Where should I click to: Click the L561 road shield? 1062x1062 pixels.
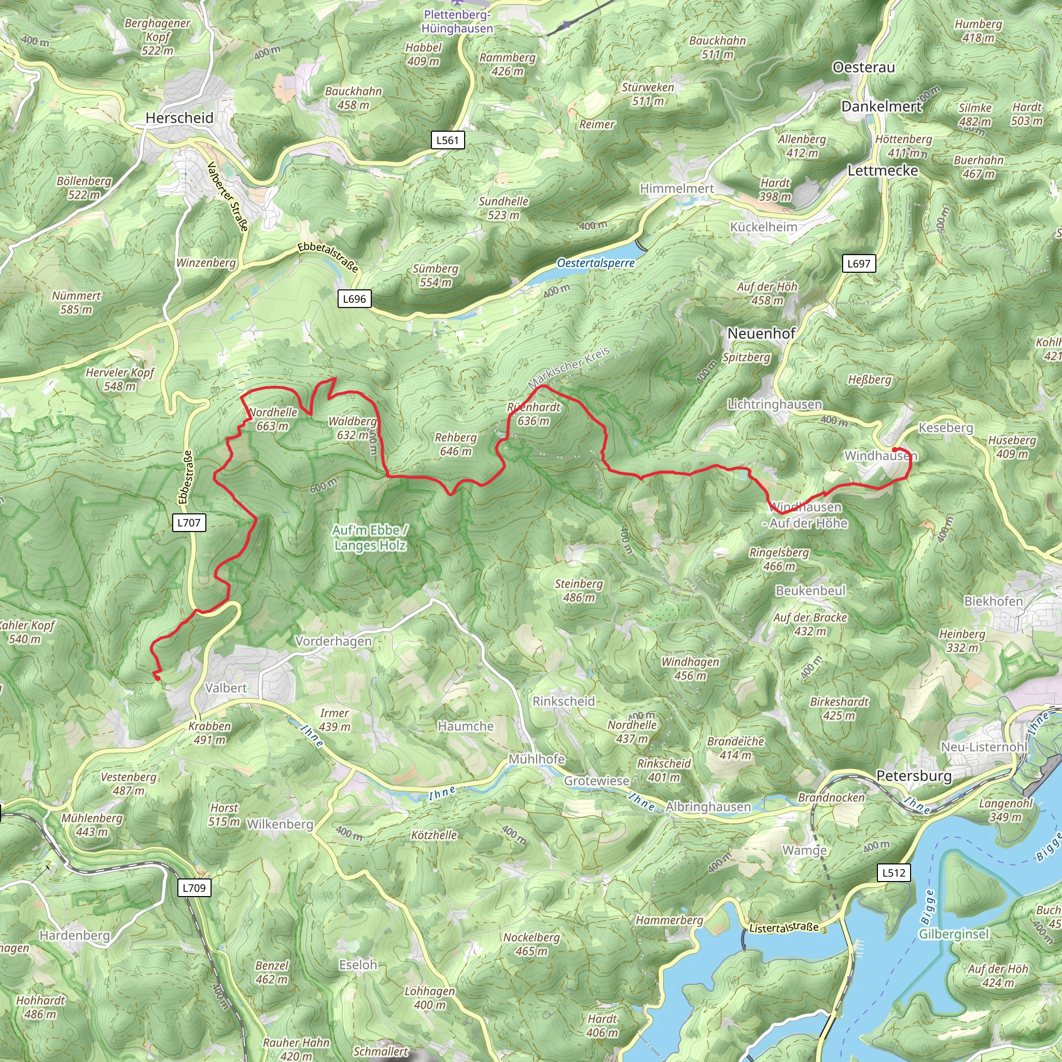pyautogui.click(x=447, y=140)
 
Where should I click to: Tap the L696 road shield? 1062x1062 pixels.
pyautogui.click(x=354, y=299)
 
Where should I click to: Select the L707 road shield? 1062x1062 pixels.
pyautogui.click(x=189, y=523)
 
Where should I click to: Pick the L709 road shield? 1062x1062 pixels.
pyautogui.click(x=194, y=887)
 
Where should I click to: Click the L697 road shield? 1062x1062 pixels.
pyautogui.click(x=859, y=263)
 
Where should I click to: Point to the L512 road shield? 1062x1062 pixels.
pyautogui.click(x=893, y=872)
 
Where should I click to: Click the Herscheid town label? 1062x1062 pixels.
pyautogui.click(x=179, y=118)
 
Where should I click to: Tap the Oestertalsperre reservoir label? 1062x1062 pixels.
pyautogui.click(x=595, y=263)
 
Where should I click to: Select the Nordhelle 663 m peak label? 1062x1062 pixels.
pyautogui.click(x=273, y=420)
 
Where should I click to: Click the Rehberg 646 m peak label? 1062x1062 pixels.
pyautogui.click(x=456, y=445)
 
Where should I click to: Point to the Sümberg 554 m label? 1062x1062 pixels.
pyautogui.click(x=436, y=275)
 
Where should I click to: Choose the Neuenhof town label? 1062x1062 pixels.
pyautogui.click(x=761, y=333)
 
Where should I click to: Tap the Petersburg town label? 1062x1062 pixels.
pyautogui.click(x=914, y=776)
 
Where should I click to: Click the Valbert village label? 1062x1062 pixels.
pyautogui.click(x=226, y=688)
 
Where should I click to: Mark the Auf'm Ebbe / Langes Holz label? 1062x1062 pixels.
pyautogui.click(x=370, y=538)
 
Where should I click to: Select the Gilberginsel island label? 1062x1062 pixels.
pyautogui.click(x=954, y=934)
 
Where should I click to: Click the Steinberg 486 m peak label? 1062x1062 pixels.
pyautogui.click(x=578, y=590)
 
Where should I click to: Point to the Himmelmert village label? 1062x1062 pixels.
pyautogui.click(x=677, y=189)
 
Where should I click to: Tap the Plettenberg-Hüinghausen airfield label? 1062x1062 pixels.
pyautogui.click(x=457, y=21)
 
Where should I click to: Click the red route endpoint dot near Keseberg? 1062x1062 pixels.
pyautogui.click(x=895, y=450)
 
